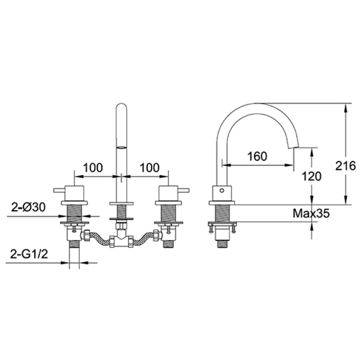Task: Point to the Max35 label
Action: [x=311, y=214]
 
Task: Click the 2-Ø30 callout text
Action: [x=29, y=207]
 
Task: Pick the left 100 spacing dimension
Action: [x=93, y=167]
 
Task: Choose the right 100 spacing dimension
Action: [x=149, y=167]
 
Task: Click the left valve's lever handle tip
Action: [x=54, y=190]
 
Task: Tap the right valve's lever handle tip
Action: [x=188, y=190]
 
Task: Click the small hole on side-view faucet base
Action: [x=222, y=190]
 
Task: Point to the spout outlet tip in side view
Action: [x=293, y=145]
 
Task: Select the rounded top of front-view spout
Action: [x=122, y=107]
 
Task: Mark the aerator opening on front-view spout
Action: [x=122, y=147]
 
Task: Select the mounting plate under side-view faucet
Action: [x=222, y=224]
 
